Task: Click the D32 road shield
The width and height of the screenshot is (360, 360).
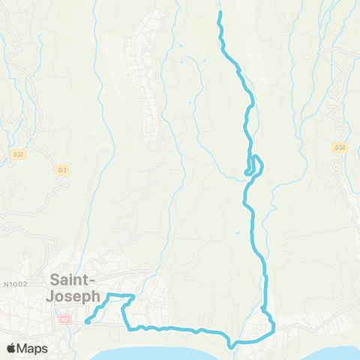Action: pos(19,154)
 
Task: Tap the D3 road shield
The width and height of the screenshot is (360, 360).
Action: pos(62,170)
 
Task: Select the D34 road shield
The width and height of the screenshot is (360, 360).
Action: pos(340,148)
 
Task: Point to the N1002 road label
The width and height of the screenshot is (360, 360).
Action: pos(14,284)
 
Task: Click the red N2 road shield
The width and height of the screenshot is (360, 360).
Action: pos(64,319)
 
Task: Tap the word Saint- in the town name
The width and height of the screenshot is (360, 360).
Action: pos(73,280)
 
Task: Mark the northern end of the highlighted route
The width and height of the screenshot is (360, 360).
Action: pos(220,13)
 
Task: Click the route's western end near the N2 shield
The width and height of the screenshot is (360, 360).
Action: pos(87,322)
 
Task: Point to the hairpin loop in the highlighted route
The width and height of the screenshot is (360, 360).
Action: pos(255,166)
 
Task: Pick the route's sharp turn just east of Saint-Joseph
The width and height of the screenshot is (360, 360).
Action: pos(133,296)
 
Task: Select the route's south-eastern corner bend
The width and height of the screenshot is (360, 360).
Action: pos(273,327)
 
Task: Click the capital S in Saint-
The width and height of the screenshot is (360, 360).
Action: pos(55,280)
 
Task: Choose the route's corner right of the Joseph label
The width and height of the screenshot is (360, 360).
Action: pos(109,294)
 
